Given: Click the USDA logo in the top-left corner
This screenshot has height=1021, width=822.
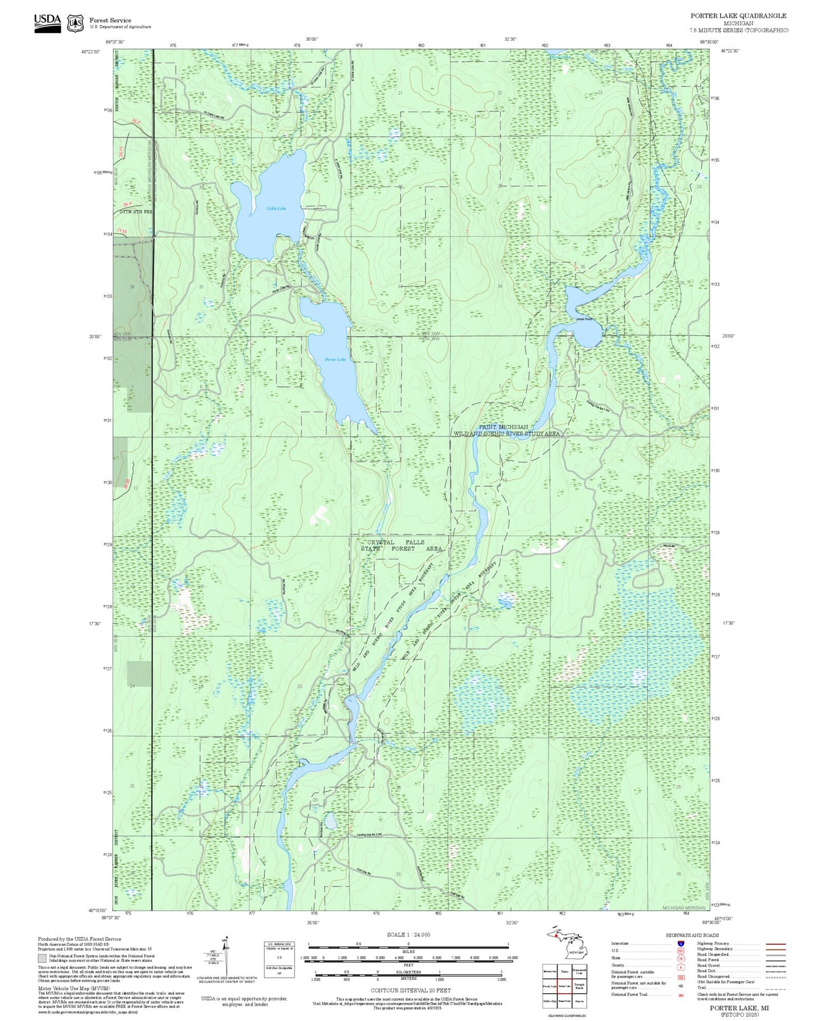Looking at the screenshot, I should pyautogui.click(x=47, y=22).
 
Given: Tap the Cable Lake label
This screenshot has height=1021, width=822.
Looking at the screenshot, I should pyautogui.click(x=276, y=208).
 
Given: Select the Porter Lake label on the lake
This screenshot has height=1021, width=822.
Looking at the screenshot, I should pyautogui.click(x=335, y=359).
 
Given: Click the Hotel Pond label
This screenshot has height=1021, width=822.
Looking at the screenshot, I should pyautogui.click(x=584, y=319).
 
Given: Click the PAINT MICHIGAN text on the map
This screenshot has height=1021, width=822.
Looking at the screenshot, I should pyautogui.click(x=503, y=427).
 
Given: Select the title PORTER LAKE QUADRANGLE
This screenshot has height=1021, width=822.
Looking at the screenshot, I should pyautogui.click(x=738, y=16).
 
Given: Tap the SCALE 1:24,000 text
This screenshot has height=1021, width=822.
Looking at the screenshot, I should pyautogui.click(x=408, y=934).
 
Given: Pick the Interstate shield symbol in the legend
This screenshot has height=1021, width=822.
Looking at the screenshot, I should pyautogui.click(x=680, y=943).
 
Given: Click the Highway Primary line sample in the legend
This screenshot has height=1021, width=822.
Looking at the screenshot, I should pyautogui.click(x=775, y=943).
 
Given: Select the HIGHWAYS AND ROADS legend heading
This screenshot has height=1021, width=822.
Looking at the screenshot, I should pyautogui.click(x=692, y=935).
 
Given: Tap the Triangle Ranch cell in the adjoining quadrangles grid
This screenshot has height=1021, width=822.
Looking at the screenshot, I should pyautogui.click(x=579, y=986).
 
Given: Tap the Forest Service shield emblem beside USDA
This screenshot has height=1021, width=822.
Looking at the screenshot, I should pyautogui.click(x=75, y=23).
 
